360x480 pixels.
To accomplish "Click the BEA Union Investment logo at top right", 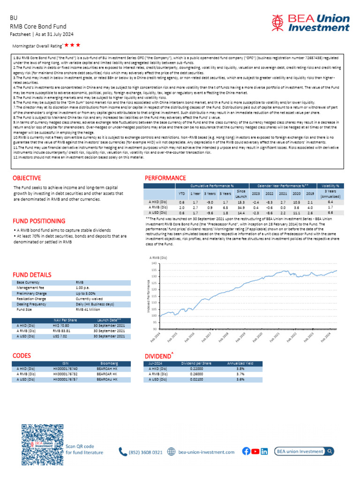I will (310, 22).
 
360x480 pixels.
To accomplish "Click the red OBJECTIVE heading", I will (27, 178).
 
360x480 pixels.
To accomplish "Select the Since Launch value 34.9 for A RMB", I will (241, 207).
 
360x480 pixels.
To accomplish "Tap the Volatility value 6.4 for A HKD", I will (330, 202).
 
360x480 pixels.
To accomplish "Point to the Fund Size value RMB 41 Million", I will (88, 309).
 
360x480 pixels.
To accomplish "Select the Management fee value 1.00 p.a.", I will (83, 287).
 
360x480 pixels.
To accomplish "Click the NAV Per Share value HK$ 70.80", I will (61, 325).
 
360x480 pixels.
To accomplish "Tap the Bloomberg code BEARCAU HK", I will (109, 379).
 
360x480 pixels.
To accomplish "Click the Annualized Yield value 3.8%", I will (240, 369).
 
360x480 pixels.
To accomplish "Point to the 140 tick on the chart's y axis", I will (155, 263).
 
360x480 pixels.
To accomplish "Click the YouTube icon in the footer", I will (255, 451).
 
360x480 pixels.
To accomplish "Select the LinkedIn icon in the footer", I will (264, 451).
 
